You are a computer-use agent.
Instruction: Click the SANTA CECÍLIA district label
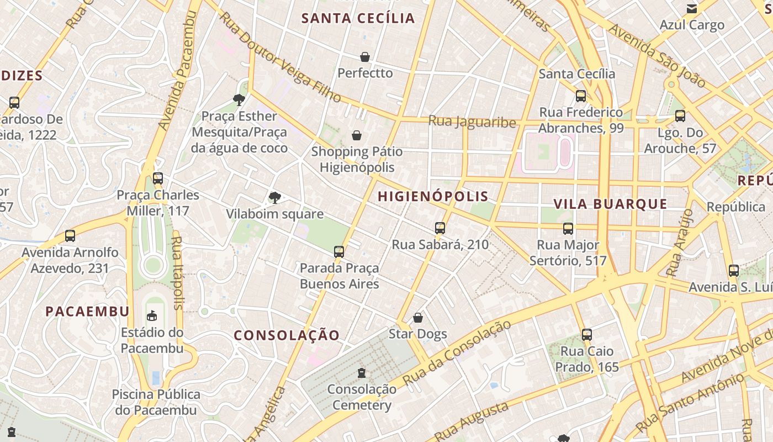click(x=358, y=18)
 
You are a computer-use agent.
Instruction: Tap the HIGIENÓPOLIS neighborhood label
click(x=433, y=196)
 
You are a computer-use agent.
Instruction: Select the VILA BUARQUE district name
click(x=610, y=203)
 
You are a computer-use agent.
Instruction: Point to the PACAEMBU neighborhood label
click(x=87, y=311)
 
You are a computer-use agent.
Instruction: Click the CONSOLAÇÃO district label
click(x=287, y=335)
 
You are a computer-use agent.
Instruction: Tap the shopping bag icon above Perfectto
click(x=365, y=57)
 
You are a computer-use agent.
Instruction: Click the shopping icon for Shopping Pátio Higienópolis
click(x=357, y=135)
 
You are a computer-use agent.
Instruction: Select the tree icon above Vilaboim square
click(x=274, y=198)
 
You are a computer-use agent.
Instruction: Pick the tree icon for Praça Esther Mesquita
click(x=239, y=100)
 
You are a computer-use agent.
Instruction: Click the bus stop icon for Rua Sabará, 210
click(x=440, y=228)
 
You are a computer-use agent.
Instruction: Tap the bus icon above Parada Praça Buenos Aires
click(x=339, y=252)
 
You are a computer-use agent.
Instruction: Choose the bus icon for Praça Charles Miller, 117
click(x=158, y=178)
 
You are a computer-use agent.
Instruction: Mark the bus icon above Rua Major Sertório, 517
click(x=568, y=228)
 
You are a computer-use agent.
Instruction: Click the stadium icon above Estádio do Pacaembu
click(x=152, y=315)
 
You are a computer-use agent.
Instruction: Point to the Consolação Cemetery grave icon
click(x=362, y=373)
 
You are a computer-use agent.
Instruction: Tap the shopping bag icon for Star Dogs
click(x=418, y=318)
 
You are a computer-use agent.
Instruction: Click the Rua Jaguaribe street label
click(x=472, y=122)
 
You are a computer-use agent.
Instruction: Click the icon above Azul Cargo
click(x=691, y=9)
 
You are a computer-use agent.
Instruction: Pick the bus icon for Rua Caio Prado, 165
click(x=587, y=334)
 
